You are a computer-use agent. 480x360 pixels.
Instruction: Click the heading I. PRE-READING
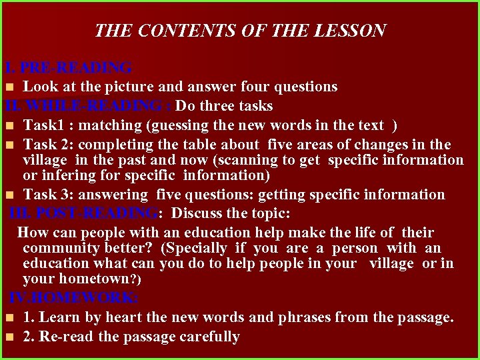69,68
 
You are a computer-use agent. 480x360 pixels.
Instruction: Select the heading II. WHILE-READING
88,106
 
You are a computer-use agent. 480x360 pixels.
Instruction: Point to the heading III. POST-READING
85,213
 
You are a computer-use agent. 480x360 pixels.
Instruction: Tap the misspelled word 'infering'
70,175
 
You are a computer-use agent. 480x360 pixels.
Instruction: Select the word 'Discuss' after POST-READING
198,213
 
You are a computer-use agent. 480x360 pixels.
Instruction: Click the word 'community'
57,248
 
